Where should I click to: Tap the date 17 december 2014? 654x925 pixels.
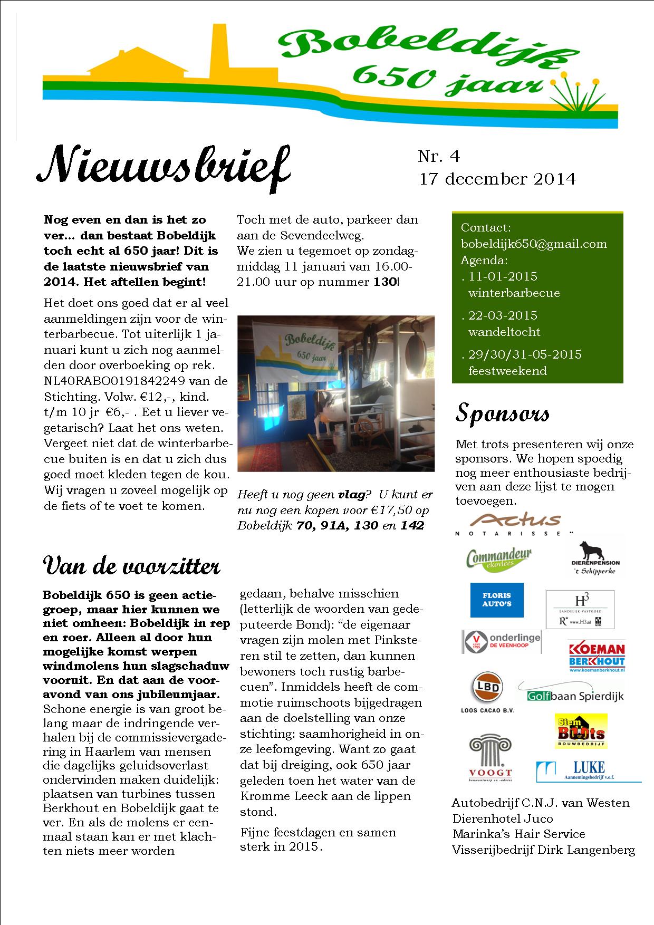click(497, 179)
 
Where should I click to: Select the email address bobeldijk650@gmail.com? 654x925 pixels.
click(534, 244)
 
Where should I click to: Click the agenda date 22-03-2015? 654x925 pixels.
click(502, 315)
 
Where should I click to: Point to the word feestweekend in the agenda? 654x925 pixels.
click(507, 371)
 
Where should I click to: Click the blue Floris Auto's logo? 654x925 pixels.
click(497, 600)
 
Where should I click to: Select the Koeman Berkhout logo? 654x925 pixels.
click(597, 656)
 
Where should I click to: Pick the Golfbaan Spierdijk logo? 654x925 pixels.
click(571, 693)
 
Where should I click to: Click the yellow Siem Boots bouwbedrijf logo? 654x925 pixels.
click(580, 730)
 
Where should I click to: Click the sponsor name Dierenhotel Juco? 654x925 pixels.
click(502, 819)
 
